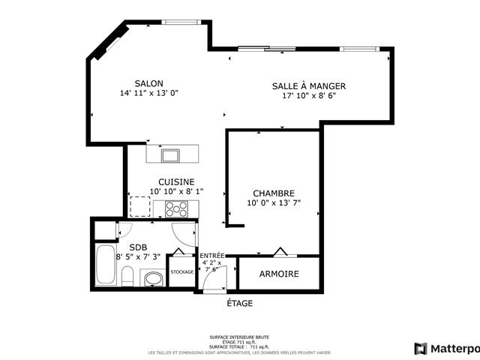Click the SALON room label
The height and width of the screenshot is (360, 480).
[148, 83]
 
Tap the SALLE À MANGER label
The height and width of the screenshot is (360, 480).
[308, 86]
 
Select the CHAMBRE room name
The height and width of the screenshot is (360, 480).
[273, 193]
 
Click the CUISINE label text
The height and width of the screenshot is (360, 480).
[176, 181]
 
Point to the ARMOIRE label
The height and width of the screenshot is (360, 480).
[279, 274]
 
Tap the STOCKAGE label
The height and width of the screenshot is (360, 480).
[182, 271]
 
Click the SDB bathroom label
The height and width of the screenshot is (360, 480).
[138, 247]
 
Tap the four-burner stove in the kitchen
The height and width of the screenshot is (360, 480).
[176, 208]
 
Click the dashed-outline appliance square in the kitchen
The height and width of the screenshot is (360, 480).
[140, 206]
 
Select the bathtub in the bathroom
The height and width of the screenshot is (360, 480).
[104, 265]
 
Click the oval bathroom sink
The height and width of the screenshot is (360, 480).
[153, 280]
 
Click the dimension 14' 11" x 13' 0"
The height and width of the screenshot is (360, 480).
[148, 94]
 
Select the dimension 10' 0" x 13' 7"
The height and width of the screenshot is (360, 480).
[273, 203]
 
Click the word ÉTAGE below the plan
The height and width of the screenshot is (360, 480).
[239, 303]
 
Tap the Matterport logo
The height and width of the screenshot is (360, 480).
[446, 348]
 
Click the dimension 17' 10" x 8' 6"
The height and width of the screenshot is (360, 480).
[308, 97]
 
